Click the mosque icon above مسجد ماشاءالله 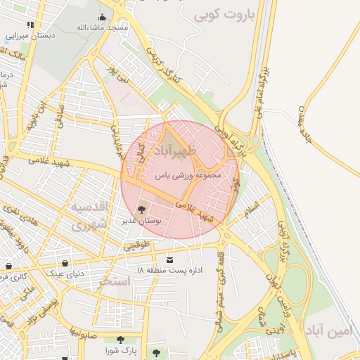(103, 18)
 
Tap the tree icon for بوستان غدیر (141, 209)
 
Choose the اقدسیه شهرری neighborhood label (89, 216)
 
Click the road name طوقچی (137, 245)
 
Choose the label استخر (115, 281)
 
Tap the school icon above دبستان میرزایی (30, 25)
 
